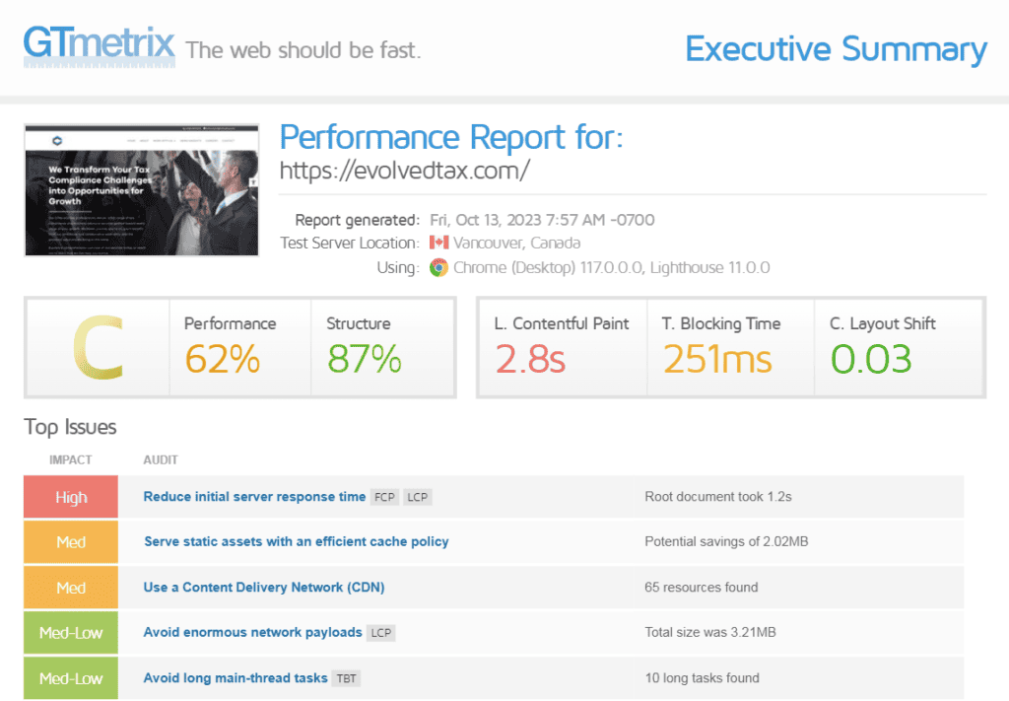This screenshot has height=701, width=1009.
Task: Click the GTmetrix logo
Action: tap(99, 45)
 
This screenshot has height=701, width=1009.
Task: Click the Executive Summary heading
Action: tap(836, 48)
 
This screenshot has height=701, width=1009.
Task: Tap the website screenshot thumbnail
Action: tap(141, 190)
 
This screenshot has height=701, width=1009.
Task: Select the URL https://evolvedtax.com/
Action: tap(405, 170)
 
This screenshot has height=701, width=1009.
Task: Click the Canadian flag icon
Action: tap(438, 243)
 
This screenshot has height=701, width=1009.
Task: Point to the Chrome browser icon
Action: tap(438, 267)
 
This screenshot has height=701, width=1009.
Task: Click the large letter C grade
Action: tap(98, 348)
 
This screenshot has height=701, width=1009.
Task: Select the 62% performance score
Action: tap(222, 359)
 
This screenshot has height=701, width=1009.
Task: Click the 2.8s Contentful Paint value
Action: tap(530, 359)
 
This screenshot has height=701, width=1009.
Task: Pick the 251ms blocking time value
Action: tap(717, 359)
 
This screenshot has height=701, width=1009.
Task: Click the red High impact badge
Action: tap(71, 497)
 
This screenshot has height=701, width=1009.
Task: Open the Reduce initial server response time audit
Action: tap(254, 497)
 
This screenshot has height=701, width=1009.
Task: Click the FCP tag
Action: tap(384, 497)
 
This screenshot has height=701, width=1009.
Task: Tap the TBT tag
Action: tap(346, 678)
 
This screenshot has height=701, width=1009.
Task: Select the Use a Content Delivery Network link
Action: tap(264, 588)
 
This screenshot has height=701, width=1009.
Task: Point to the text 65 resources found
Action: tap(701, 588)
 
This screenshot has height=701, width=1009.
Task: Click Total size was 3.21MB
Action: tap(709, 632)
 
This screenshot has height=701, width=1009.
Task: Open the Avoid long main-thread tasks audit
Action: tap(235, 678)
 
